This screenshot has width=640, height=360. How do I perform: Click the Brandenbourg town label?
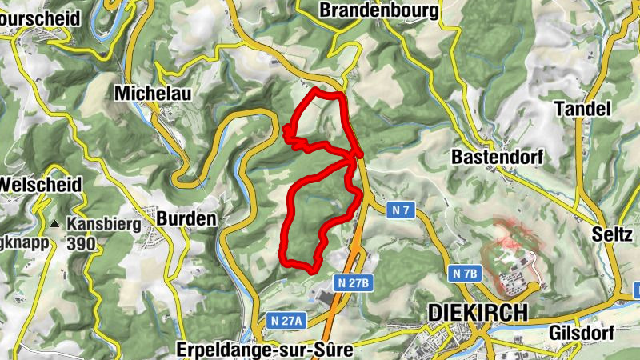[x=379, y=10]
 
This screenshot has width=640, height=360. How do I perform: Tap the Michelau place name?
[x=153, y=93]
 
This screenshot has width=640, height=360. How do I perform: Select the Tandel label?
[x=582, y=109]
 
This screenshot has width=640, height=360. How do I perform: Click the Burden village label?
[x=186, y=218]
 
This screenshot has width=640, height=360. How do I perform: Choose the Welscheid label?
[x=40, y=185]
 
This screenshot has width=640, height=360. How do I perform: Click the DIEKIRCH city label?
[x=478, y=312]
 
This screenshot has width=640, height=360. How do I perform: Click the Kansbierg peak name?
[x=104, y=225]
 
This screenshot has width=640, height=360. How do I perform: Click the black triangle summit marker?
[x=55, y=225]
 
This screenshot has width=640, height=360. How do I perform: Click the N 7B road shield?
[x=465, y=274]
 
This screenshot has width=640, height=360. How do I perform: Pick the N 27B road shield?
[x=353, y=282]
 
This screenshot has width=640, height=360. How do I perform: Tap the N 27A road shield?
[x=287, y=320]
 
